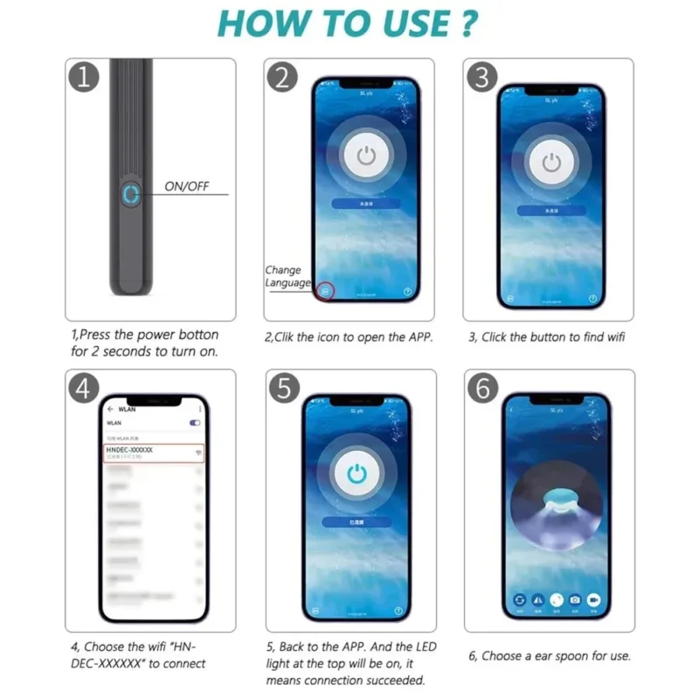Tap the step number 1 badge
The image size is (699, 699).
[x=82, y=78]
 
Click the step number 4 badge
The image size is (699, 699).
[x=82, y=389]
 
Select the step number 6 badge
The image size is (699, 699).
[x=481, y=389]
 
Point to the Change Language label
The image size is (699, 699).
[x=287, y=277]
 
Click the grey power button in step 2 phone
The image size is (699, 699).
[x=366, y=158]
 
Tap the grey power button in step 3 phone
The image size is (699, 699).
[x=550, y=163]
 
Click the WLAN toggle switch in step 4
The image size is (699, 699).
[x=195, y=423]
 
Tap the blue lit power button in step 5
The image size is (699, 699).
[x=356, y=474]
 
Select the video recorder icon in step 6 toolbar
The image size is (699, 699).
[x=594, y=600]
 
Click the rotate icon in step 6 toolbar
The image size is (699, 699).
[x=519, y=600]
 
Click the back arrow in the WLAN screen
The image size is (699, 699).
[x=110, y=409]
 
